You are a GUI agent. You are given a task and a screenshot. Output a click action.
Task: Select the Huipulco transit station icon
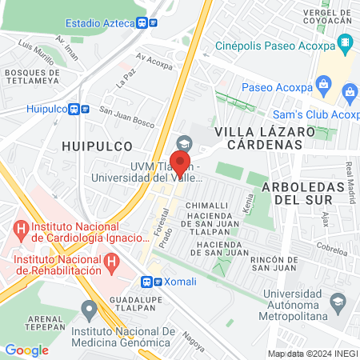click(74, 109)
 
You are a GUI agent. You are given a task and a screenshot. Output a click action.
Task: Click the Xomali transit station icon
click(147, 282)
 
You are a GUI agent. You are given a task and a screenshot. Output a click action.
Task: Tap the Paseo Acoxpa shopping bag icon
click(324, 82)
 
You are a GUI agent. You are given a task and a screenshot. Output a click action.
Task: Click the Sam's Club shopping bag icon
click(350, 94)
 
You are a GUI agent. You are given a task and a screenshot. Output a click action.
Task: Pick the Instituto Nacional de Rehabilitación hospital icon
click(112, 260)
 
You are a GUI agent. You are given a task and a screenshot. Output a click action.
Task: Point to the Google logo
click(27, 350)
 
